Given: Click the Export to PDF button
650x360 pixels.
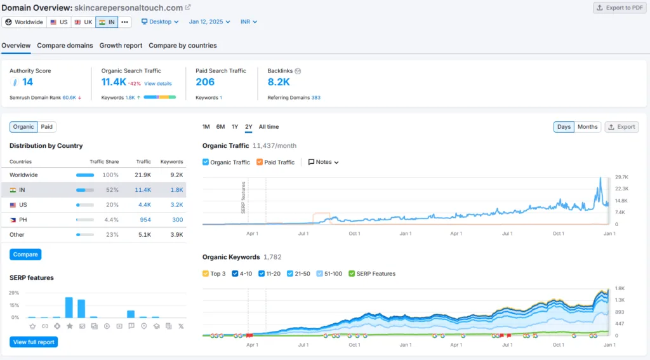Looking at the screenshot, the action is point(620,8).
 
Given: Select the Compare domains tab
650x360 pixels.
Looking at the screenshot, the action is point(65,46).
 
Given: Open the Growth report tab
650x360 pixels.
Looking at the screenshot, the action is point(121,46).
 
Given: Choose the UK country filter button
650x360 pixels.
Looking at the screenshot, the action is point(83,22).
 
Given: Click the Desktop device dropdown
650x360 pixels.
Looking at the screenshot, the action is point(160,22).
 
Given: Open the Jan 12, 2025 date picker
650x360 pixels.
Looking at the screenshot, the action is point(209,22).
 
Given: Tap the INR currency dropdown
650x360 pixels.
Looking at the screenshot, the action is point(249,22).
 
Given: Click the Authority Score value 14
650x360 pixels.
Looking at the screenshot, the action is point(27,82).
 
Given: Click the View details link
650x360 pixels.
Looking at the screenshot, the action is point(158,83).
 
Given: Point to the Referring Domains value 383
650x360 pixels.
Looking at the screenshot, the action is point(316,98).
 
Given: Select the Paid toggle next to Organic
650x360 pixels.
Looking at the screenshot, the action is point(47,127).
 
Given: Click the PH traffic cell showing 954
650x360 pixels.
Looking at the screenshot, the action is point(145,220).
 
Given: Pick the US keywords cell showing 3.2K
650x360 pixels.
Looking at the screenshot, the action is point(176,205).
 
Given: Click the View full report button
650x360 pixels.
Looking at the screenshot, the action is point(34,342).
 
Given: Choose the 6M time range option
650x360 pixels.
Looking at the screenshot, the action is point(220,127).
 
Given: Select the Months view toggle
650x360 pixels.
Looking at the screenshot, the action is point(587,127).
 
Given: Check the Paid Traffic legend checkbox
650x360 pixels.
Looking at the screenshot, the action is point(260,162).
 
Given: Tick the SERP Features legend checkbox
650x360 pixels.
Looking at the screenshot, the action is point(352,274).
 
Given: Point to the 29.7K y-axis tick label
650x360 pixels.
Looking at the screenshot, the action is point(622,177).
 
